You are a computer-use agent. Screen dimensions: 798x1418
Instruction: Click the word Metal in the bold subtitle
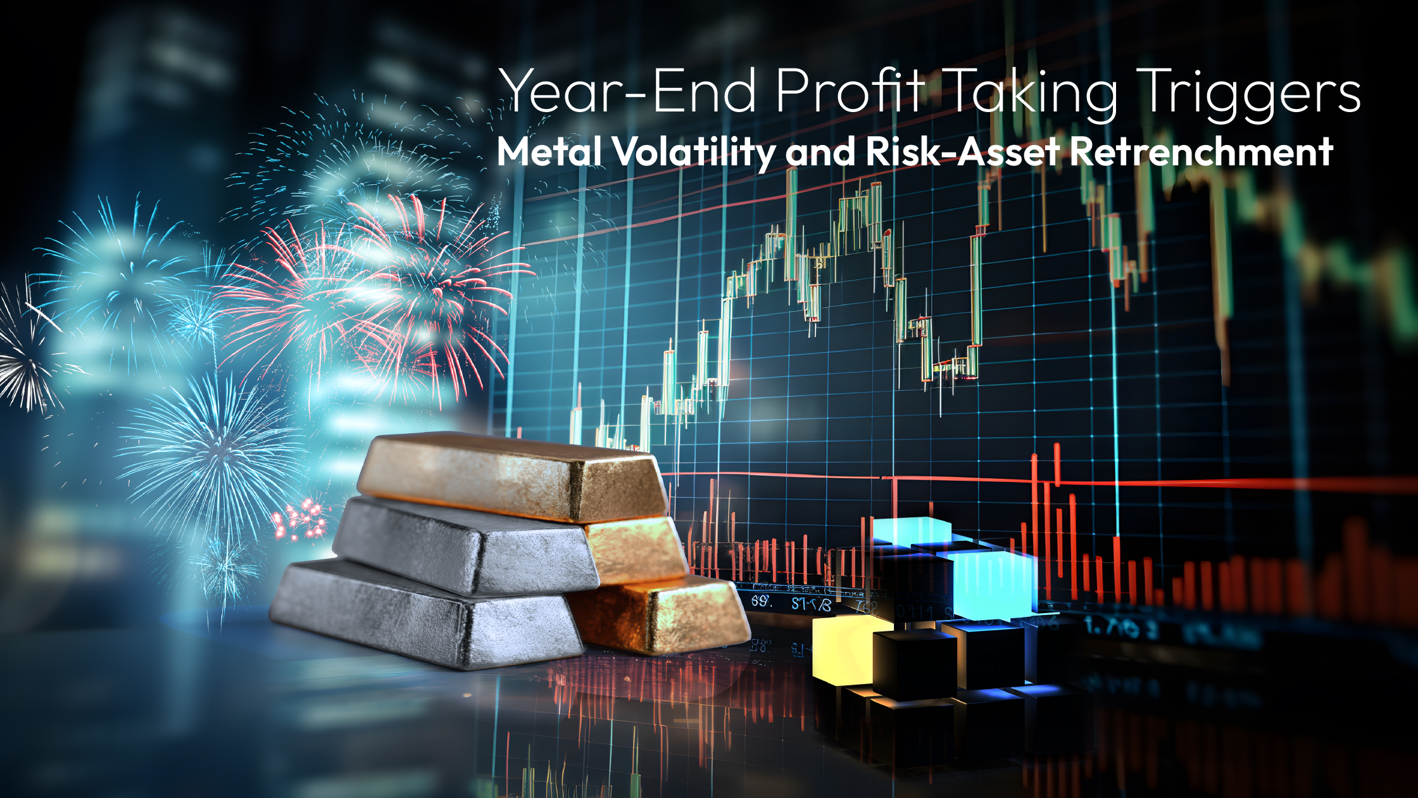(x=548, y=152)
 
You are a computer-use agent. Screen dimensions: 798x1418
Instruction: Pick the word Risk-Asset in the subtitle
(x=962, y=152)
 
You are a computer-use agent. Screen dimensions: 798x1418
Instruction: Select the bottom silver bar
(x=424, y=614)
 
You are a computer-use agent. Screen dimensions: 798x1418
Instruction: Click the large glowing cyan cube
(x=991, y=583)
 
